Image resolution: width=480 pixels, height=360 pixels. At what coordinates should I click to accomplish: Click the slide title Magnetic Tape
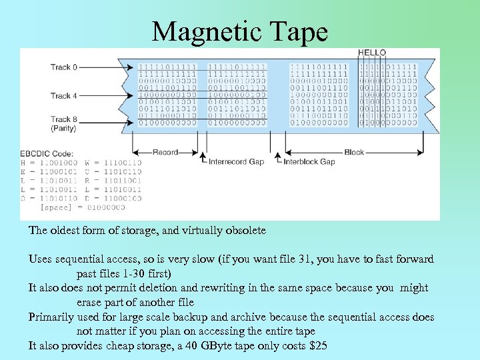(240, 31)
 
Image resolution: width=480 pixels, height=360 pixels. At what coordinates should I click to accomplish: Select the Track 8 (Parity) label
(63, 123)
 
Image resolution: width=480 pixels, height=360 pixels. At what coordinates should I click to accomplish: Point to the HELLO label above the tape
(372, 53)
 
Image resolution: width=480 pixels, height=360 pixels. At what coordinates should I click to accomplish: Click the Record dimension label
(165, 152)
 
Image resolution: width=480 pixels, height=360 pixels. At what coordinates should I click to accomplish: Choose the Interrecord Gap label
(236, 161)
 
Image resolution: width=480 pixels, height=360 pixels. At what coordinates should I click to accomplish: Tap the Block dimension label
(354, 152)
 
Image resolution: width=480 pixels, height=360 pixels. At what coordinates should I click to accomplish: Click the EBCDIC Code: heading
(46, 155)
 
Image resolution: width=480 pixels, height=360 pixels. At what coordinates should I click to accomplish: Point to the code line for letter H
(50, 163)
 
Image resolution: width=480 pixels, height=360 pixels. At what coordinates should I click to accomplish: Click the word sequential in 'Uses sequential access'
(84, 259)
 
